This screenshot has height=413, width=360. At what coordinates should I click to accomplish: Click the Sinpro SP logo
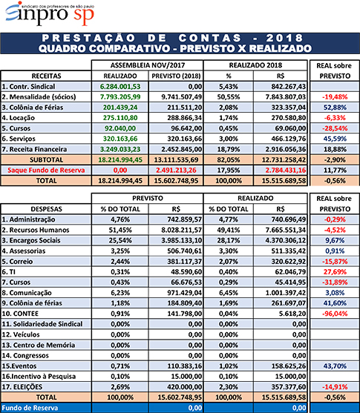click(x=50, y=13)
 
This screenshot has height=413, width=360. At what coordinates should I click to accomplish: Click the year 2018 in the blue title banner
click(x=285, y=39)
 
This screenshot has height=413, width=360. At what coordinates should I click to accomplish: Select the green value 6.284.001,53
click(x=120, y=87)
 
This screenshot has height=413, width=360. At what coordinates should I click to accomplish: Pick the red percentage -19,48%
click(x=335, y=97)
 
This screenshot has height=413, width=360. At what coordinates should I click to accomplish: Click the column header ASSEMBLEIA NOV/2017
click(x=148, y=65)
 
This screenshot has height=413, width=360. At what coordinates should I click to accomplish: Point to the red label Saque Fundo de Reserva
click(x=46, y=170)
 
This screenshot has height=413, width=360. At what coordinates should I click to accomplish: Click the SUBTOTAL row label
click(x=47, y=160)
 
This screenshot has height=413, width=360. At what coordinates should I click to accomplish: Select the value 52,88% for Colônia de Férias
click(x=335, y=108)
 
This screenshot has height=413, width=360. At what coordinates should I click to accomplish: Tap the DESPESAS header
click(x=47, y=209)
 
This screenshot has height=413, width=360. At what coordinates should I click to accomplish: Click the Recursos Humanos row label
click(x=36, y=230)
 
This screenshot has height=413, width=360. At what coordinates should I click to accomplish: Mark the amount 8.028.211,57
click(x=182, y=230)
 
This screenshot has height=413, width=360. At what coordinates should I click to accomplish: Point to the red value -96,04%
click(x=335, y=314)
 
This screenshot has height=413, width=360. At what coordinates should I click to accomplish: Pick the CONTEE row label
click(x=20, y=314)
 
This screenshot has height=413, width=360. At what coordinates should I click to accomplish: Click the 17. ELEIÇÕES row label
click(x=22, y=387)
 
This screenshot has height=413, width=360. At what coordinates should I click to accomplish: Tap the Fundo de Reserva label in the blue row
click(x=30, y=408)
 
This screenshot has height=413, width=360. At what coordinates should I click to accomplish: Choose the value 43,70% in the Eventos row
click(x=335, y=366)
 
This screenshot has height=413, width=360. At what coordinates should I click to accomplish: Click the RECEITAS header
click(x=47, y=76)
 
